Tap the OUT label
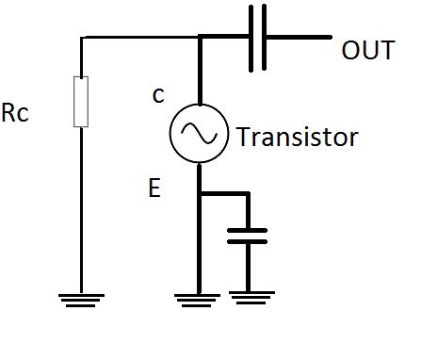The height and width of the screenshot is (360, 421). coord(367,50)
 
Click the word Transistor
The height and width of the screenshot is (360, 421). coord(298,138)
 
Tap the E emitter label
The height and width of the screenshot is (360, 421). coord(154,189)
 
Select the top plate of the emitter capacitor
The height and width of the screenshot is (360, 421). coord(247,229)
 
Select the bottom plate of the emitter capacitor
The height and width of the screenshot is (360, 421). coord(247,241)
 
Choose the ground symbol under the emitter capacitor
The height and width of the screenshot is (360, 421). coord(247,302)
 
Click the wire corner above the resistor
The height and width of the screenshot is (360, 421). coord(82,39)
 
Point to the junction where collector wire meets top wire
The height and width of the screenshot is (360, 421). coord(199,39)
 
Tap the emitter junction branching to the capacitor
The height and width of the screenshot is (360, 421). coord(199,195)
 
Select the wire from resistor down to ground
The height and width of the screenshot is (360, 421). coord(82,207)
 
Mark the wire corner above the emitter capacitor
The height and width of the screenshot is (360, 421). coord(247,195)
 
